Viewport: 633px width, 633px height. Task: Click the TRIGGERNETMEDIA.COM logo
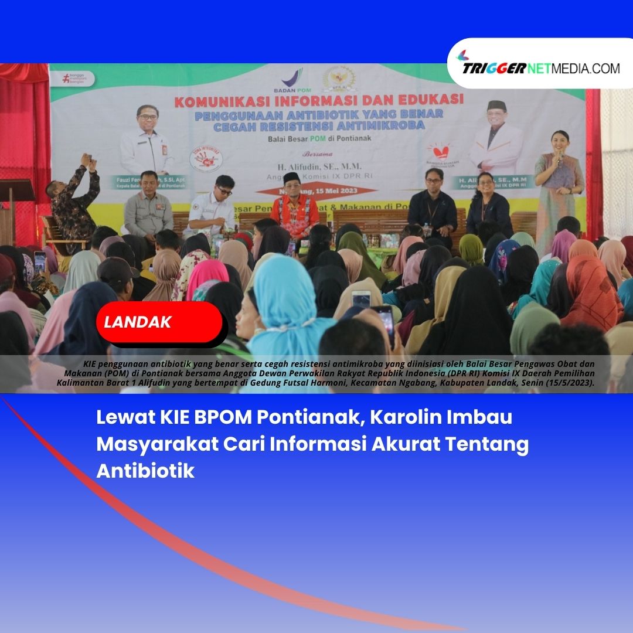(540, 67)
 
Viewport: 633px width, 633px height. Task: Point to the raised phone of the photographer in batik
(88, 160)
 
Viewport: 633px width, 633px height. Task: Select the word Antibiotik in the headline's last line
(145, 471)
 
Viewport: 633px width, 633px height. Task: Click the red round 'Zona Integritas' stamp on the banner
(206, 159)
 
